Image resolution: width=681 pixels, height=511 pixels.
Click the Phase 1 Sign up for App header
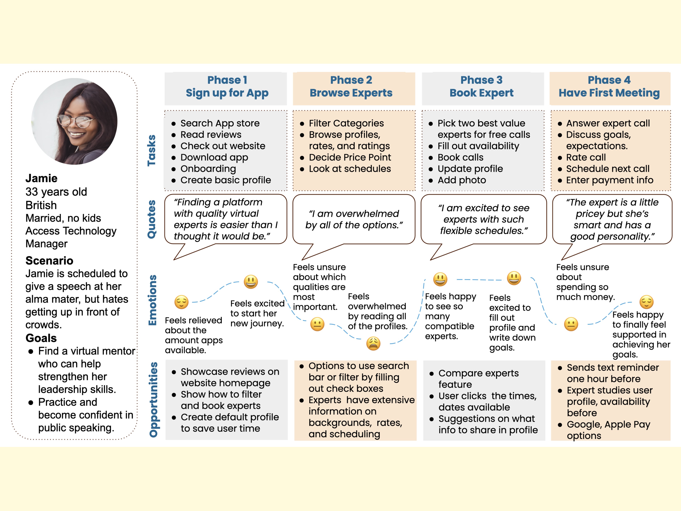click(x=227, y=86)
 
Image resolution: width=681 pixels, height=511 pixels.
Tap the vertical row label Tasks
click(x=152, y=150)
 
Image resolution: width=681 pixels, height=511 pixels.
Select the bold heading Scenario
click(x=49, y=261)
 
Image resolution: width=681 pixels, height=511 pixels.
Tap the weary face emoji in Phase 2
click(x=373, y=343)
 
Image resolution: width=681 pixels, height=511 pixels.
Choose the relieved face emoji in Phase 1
click(x=181, y=302)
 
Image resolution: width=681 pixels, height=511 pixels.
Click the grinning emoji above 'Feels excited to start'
click(x=251, y=281)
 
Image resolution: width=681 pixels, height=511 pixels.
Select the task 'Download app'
click(x=214, y=157)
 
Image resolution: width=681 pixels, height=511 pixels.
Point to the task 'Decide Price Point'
click(x=350, y=157)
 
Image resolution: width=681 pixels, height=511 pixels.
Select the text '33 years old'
click(x=56, y=192)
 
